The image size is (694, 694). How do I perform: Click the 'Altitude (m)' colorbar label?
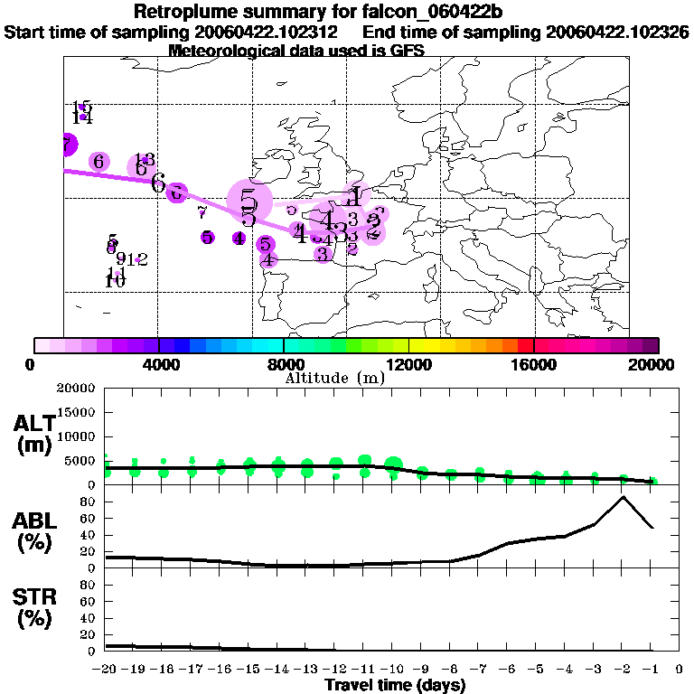point(334,378)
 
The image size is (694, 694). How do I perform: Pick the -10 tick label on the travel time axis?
point(394,670)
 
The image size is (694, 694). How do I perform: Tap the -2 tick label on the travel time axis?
point(622,670)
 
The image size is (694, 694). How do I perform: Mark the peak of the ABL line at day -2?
point(623,497)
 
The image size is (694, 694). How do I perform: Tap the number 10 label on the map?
point(115,280)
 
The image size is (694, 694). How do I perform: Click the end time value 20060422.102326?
point(617,33)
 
